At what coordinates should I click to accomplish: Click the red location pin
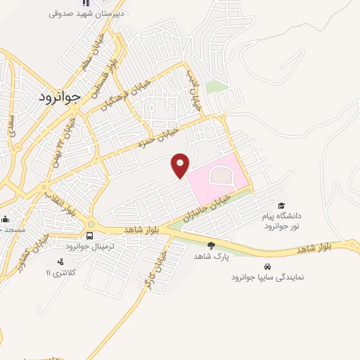click(181, 165)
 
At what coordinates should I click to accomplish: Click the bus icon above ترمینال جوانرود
click(91, 234)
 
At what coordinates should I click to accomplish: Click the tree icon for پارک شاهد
click(211, 245)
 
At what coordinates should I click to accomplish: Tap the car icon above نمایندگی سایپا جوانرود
click(268, 266)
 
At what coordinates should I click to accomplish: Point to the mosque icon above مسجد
click(5, 219)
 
